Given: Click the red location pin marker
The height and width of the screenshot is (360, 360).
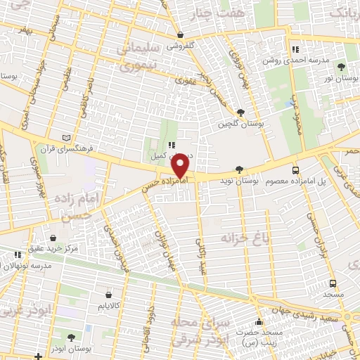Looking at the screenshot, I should (181, 166).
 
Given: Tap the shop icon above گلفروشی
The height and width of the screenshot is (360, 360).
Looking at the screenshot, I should (181, 34).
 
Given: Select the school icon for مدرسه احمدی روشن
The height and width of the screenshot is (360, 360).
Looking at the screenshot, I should (296, 49).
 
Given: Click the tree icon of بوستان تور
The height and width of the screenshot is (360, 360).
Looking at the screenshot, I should (341, 67).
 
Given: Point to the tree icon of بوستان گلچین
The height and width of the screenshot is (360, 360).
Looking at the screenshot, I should (241, 112).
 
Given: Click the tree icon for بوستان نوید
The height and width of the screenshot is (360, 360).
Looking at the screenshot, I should (240, 169).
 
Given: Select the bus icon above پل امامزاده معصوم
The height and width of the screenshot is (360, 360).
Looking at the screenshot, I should (295, 169).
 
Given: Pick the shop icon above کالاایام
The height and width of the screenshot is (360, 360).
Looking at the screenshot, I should (108, 295).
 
